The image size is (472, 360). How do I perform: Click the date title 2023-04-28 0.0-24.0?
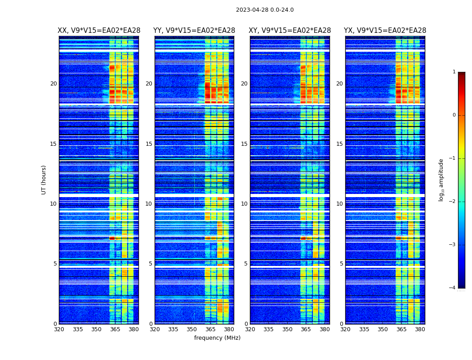(265, 10)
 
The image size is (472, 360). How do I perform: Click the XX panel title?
(99, 31)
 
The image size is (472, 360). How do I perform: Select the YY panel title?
(194, 31)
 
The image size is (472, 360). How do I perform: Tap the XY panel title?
(290, 31)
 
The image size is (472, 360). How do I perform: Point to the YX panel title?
(385, 31)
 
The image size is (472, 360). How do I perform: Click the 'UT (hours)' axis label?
(44, 180)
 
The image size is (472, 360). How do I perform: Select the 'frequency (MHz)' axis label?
(217, 338)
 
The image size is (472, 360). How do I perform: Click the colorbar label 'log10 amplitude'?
(441, 180)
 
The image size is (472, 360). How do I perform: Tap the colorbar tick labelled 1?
(454, 72)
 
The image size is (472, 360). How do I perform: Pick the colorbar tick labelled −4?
(453, 288)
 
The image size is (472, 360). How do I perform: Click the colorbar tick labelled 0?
(454, 115)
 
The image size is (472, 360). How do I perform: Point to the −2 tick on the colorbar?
(453, 202)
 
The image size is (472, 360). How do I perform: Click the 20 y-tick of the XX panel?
(53, 84)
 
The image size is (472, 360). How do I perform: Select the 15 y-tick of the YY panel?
(149, 144)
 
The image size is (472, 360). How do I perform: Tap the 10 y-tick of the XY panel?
(244, 204)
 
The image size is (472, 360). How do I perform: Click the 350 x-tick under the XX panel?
(96, 329)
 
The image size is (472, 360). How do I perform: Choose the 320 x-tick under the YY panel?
(155, 329)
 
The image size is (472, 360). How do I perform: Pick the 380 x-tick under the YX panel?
(420, 329)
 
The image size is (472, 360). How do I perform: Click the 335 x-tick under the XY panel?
(268, 329)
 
